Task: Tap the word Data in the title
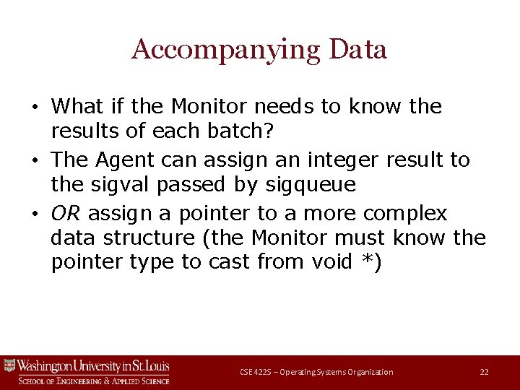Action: (x=357, y=50)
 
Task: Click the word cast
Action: (x=229, y=262)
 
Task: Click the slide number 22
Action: (x=484, y=372)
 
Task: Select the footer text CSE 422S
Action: (x=256, y=372)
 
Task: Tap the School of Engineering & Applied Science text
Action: (x=94, y=381)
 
